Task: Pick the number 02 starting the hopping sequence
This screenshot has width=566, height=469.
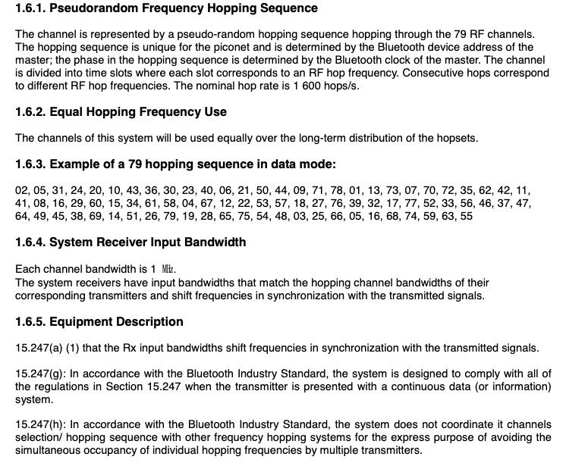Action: [x=22, y=190]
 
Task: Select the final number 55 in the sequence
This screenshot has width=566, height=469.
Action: [x=466, y=216]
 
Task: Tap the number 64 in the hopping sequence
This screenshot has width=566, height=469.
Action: [x=22, y=216]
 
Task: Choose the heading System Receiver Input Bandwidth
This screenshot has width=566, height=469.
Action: [x=151, y=243]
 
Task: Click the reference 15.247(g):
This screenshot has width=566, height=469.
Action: [x=39, y=374]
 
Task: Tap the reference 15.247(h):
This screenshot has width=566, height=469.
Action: [x=39, y=425]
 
